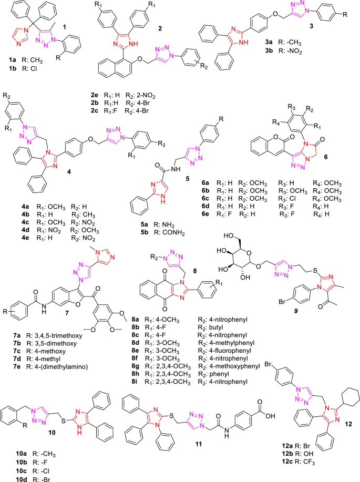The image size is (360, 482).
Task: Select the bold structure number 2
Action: (160, 28)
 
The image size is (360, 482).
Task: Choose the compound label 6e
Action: (205, 214)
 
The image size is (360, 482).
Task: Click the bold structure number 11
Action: (199, 444)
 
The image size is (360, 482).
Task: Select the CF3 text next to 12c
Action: (308, 462)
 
